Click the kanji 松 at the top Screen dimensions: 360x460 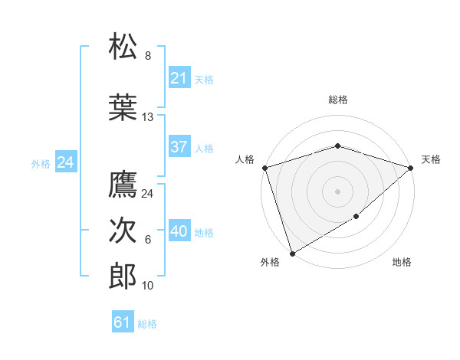123,47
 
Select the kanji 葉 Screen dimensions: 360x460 123,108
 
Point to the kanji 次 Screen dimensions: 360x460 123,231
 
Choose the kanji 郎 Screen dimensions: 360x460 123,277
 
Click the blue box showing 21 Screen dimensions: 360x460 179,78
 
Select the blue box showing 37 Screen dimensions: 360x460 179,147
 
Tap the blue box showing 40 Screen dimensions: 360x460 179,231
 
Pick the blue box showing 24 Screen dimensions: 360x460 66,162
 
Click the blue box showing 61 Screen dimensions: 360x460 122,322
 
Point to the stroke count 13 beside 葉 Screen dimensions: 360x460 148,117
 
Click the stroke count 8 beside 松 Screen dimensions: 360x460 148,56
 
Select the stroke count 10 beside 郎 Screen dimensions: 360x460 148,286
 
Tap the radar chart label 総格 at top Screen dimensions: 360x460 337,100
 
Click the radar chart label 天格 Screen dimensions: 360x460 431,159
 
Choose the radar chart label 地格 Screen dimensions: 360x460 402,263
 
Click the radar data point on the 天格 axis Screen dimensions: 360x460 411,167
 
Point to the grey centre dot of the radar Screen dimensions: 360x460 337,191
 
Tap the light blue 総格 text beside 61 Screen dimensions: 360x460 147,324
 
